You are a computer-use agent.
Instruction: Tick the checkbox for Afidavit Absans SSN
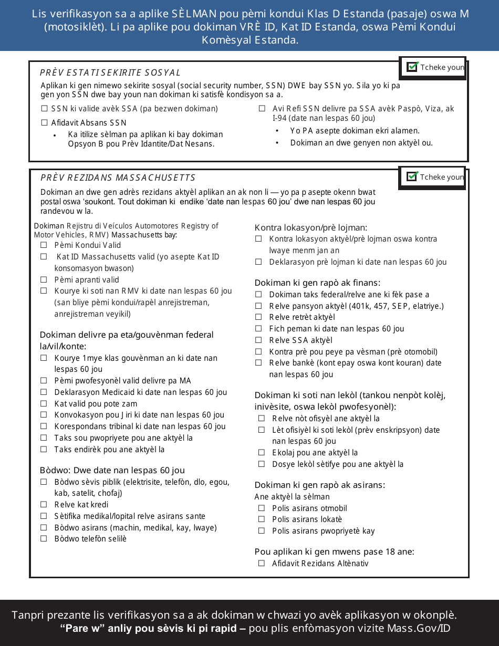(x=44, y=123)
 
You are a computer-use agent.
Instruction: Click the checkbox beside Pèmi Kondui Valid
(x=44, y=245)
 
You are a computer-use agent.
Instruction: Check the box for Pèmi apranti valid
(x=44, y=280)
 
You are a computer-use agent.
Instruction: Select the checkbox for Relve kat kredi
(x=44, y=505)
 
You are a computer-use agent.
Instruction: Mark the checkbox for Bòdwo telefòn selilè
(x=44, y=539)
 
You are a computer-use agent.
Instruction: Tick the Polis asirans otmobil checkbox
(x=262, y=508)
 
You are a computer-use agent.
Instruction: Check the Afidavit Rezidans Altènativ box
(x=262, y=564)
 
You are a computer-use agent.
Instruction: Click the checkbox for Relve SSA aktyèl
(x=258, y=340)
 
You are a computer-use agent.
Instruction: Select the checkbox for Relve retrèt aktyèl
(x=258, y=317)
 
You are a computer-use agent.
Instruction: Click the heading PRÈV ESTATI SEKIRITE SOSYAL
(x=110, y=72)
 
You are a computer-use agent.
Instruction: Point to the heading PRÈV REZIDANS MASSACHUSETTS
(x=118, y=178)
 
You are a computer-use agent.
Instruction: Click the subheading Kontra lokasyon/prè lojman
(x=310, y=227)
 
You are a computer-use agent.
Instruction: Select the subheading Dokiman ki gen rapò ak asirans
(x=319, y=485)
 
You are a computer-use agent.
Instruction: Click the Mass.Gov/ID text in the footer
(x=419, y=629)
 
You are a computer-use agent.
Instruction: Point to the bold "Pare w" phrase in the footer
(x=83, y=629)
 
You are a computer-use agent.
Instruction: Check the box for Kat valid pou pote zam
(x=44, y=404)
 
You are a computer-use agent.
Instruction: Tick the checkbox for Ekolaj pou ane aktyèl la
(x=262, y=453)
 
